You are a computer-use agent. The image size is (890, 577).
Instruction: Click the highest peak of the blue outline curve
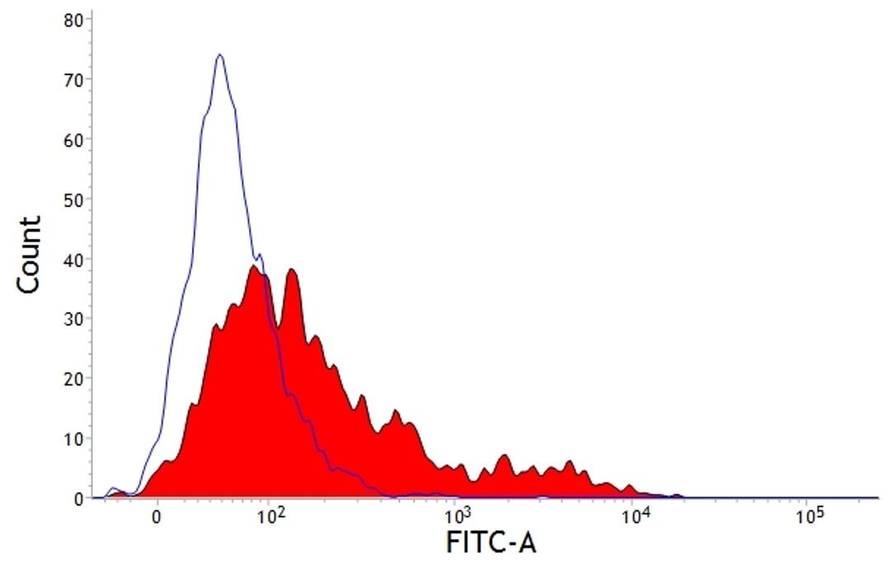pyautogui.click(x=219, y=55)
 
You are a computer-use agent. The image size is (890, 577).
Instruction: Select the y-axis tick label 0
pyautogui.click(x=77, y=498)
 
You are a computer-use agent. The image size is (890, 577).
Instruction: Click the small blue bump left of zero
pyautogui.click(x=114, y=490)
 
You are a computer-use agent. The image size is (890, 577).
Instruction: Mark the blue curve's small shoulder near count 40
pyautogui.click(x=259, y=255)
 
